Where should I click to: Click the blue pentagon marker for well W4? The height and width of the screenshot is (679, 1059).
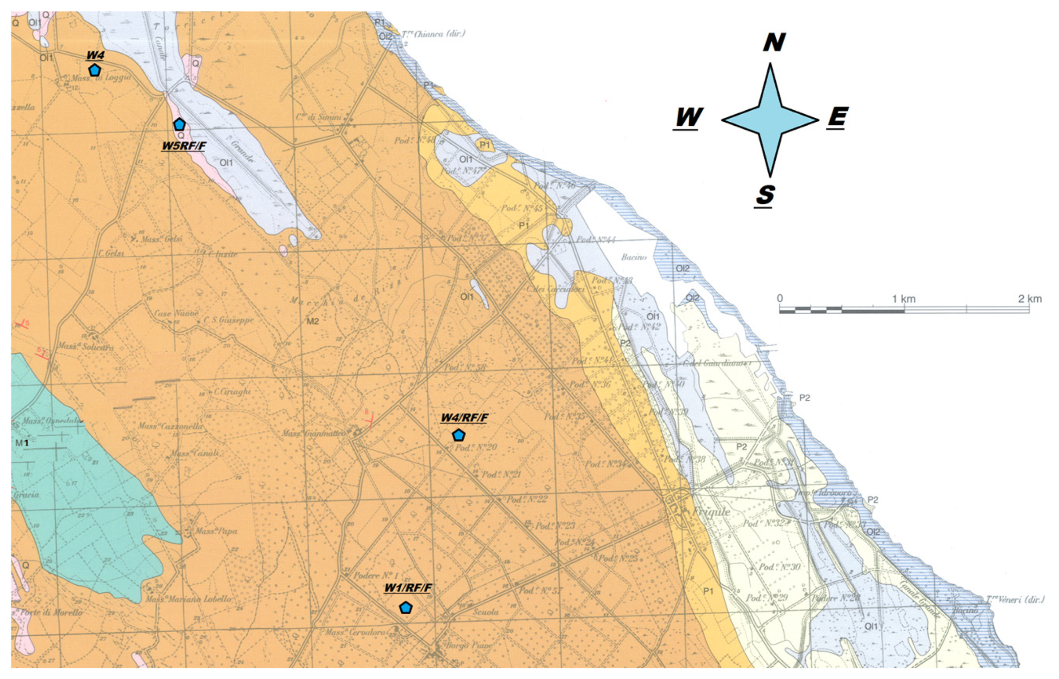pyautogui.click(x=94, y=70)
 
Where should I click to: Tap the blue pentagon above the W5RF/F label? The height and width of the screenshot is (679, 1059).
pyautogui.click(x=179, y=124)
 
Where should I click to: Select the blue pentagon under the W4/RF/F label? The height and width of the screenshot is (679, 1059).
pyautogui.click(x=458, y=435)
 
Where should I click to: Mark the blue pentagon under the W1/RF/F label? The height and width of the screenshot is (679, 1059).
pyautogui.click(x=406, y=607)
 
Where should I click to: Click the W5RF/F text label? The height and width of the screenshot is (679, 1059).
pyautogui.click(x=184, y=146)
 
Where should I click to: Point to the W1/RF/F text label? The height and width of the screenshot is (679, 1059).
pyautogui.click(x=408, y=588)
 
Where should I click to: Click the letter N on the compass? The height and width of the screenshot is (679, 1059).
pyautogui.click(x=774, y=43)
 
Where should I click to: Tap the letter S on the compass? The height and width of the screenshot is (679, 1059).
pyautogui.click(x=765, y=195)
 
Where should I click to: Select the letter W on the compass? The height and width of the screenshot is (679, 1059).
pyautogui.click(x=688, y=117)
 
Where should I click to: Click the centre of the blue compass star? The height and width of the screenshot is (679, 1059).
pyautogui.click(x=770, y=120)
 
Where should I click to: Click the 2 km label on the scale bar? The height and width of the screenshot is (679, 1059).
pyautogui.click(x=1029, y=299)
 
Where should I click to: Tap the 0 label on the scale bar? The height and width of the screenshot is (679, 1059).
pyautogui.click(x=780, y=298)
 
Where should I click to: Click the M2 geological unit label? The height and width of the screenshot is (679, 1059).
pyautogui.click(x=312, y=321)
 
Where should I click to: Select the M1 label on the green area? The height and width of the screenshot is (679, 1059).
pyautogui.click(x=22, y=443)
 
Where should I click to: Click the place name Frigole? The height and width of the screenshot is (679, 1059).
pyautogui.click(x=711, y=512)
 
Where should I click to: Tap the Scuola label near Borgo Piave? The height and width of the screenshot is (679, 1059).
pyautogui.click(x=485, y=612)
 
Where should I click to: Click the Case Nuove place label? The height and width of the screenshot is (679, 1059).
pyautogui.click(x=176, y=313)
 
